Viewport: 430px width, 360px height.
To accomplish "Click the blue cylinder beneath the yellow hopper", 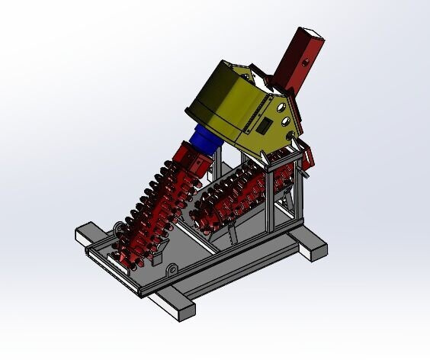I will [x=206, y=142].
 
